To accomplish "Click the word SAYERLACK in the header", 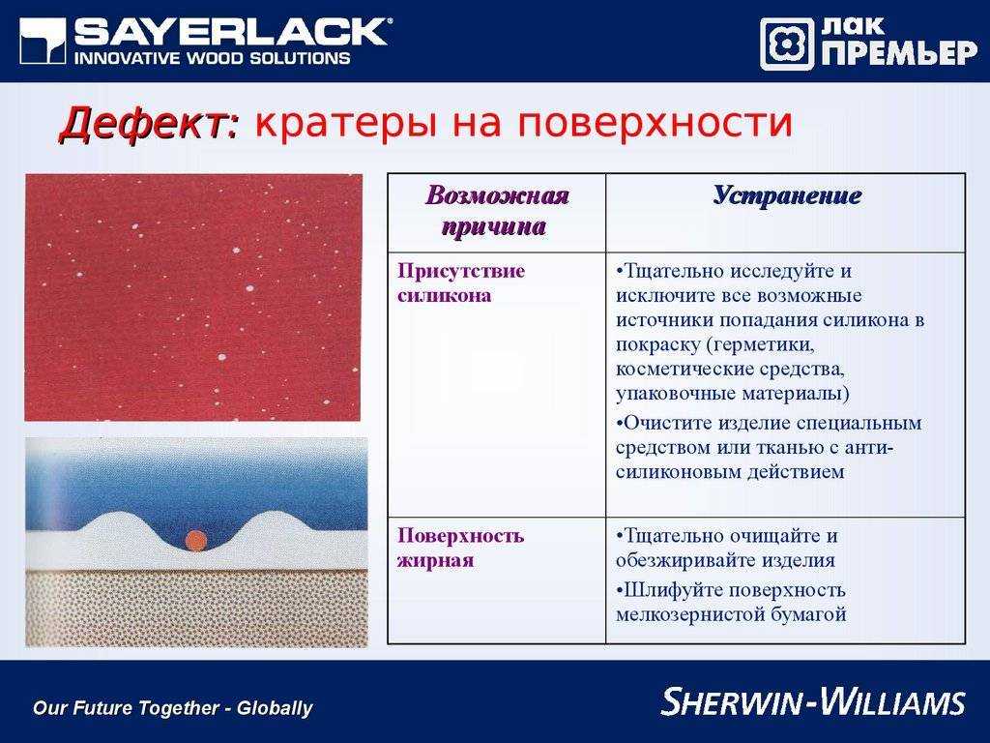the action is point(230,32).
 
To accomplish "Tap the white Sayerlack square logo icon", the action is point(43,41).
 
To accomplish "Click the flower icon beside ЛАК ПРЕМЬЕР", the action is point(787,44).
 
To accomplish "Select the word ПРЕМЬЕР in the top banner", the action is point(900,54).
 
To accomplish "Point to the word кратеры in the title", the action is point(345,124).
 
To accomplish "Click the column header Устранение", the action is point(787,195).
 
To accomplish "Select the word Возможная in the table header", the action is point(497,195).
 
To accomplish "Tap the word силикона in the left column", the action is point(444,296).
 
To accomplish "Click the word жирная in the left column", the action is point(435,560).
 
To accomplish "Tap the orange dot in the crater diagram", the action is point(195,540).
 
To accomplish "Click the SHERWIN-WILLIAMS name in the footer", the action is point(814,701).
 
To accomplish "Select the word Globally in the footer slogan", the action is point(274,707).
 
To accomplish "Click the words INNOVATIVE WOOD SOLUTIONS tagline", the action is point(212,58).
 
